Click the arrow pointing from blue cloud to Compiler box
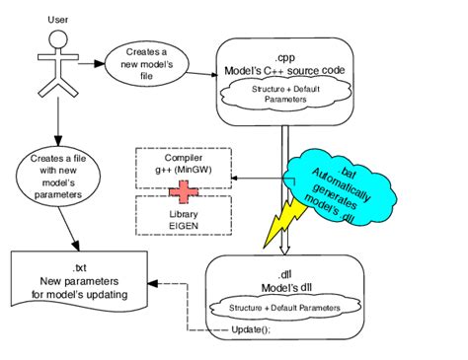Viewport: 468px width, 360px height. [259, 178]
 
